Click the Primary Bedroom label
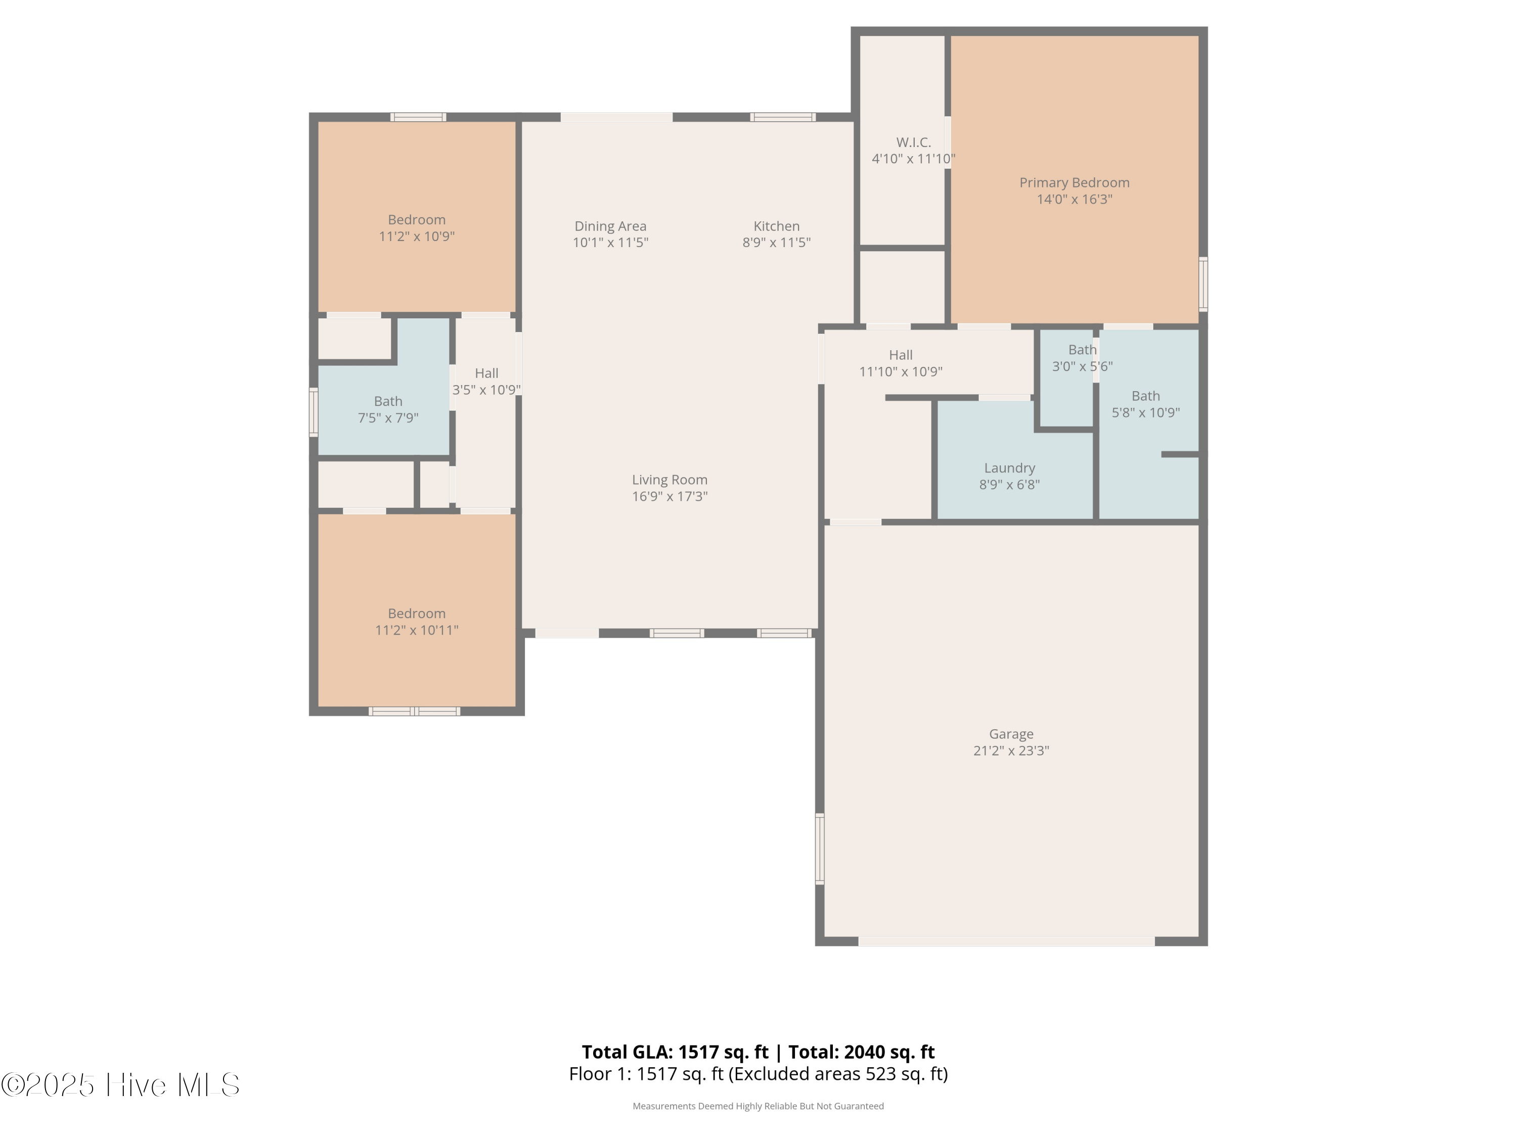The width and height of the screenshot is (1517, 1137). pyautogui.click(x=1074, y=182)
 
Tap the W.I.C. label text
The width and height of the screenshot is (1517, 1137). pyautogui.click(x=914, y=143)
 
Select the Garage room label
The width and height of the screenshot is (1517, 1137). pyautogui.click(x=1011, y=734)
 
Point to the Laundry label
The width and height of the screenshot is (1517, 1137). pyautogui.click(x=1009, y=468)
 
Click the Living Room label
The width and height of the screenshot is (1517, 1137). pyautogui.click(x=670, y=480)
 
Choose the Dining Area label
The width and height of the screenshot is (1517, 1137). pyautogui.click(x=610, y=226)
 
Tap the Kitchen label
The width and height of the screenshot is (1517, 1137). pyautogui.click(x=776, y=226)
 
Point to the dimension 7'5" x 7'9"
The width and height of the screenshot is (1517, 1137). pyautogui.click(x=388, y=418)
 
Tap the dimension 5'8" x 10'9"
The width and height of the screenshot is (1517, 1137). pyautogui.click(x=1145, y=412)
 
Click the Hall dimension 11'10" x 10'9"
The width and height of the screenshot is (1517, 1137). pyautogui.click(x=901, y=371)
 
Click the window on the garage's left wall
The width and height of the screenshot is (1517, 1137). pyautogui.click(x=820, y=848)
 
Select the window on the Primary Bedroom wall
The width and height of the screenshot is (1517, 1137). pyautogui.click(x=1203, y=283)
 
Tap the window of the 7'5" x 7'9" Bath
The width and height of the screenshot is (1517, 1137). pyautogui.click(x=314, y=412)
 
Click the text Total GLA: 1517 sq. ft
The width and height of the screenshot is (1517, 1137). pyautogui.click(x=675, y=1052)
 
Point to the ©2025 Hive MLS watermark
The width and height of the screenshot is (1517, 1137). pyautogui.click(x=121, y=1085)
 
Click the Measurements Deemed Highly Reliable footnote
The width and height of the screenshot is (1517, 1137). pyautogui.click(x=758, y=1106)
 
